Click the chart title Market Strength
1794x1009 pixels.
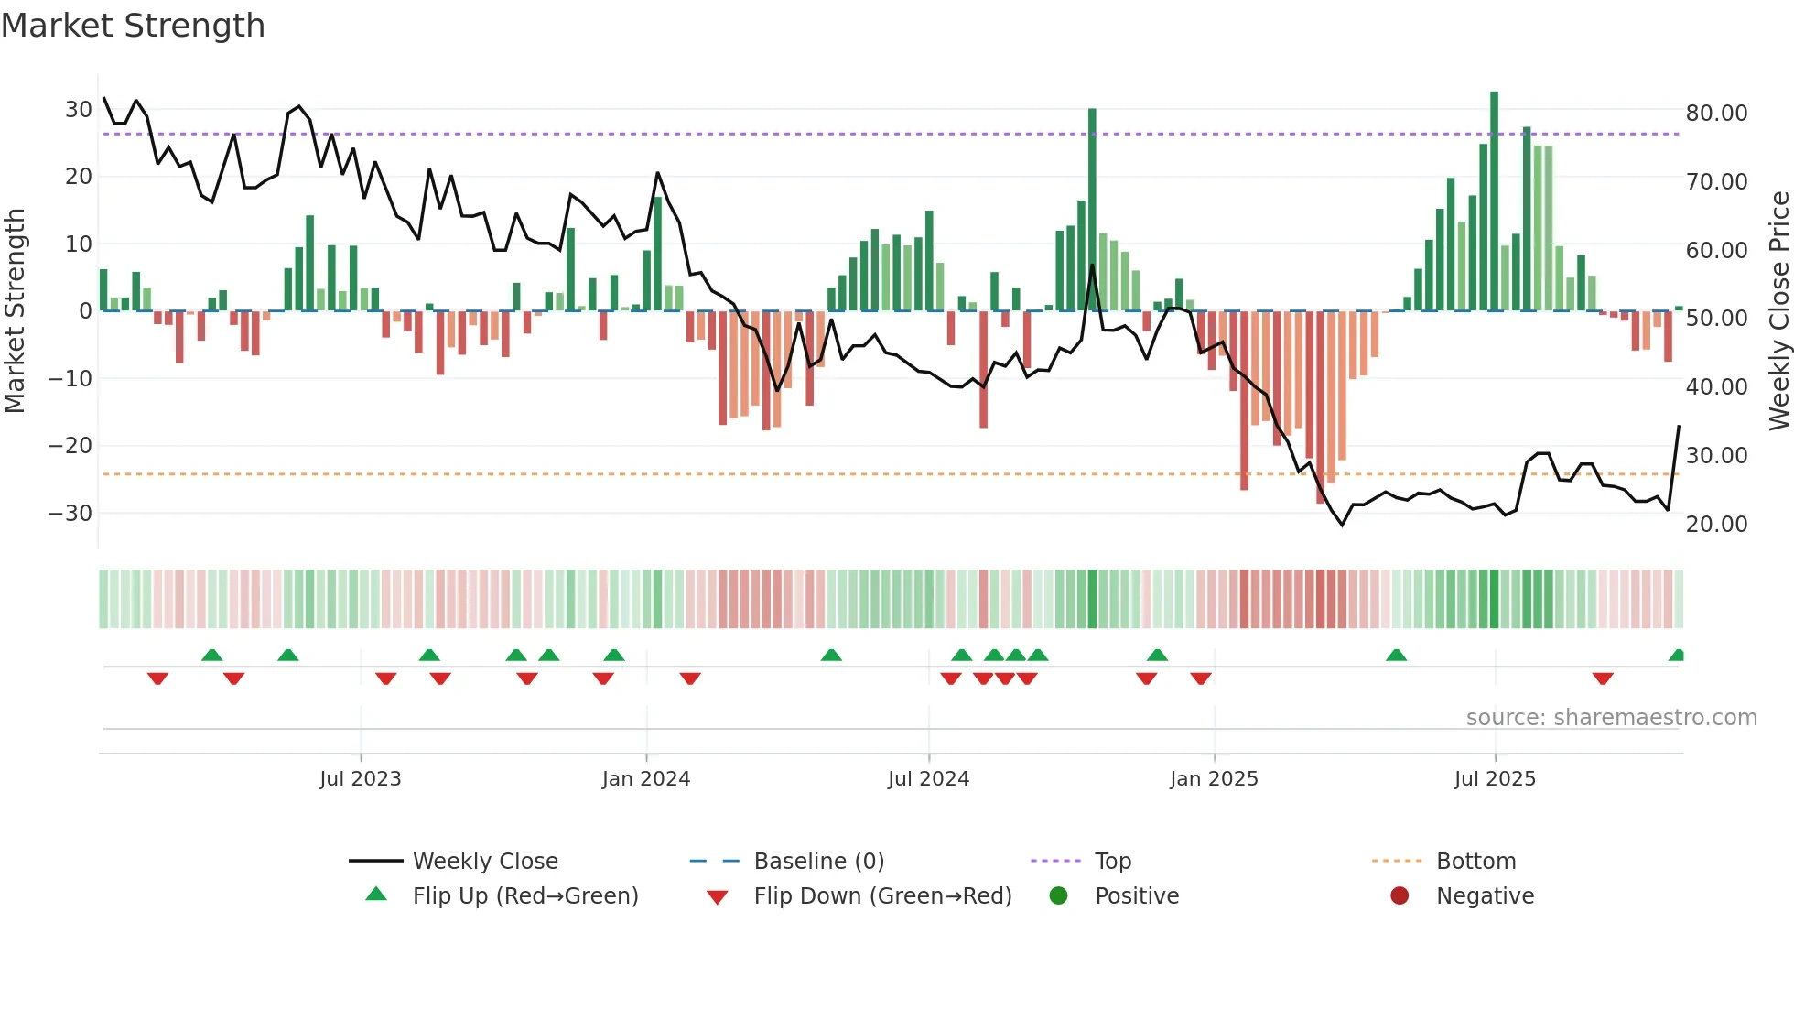pos(134,26)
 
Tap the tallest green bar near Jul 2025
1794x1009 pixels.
pos(1494,201)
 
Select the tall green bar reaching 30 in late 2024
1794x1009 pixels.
pos(1092,211)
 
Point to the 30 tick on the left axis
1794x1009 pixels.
pos(79,110)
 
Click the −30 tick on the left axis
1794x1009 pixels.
pos(71,513)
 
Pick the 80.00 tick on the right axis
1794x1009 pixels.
pos(1716,113)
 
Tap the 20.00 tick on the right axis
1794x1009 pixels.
pos(1716,524)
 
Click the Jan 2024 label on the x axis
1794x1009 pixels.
pos(646,779)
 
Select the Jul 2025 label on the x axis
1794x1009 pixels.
pos(1495,779)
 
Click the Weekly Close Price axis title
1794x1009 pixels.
pos(1778,311)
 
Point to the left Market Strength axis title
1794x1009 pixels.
pos(15,311)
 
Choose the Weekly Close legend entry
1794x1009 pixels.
pos(484,862)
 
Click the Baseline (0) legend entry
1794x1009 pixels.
pos(818,862)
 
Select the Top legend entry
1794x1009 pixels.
pos(1112,862)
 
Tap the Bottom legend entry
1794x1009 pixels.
pos(1475,862)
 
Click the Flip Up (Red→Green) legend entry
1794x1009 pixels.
pos(524,896)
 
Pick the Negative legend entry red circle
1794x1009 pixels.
pos(1400,896)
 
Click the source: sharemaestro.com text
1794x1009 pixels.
pos(1611,718)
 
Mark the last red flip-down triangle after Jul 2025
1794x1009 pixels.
pos(1602,678)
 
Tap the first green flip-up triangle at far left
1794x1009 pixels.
pos(211,655)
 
